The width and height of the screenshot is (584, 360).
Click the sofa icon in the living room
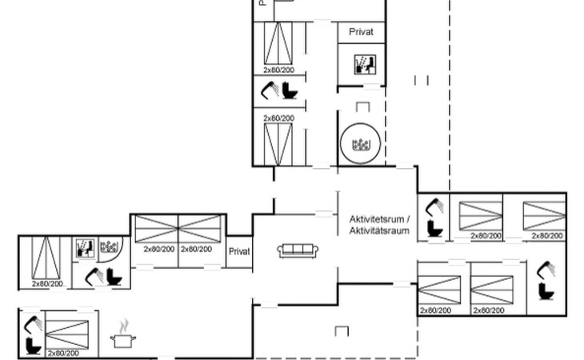coord(298,250)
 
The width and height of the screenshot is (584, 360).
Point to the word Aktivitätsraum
coord(379,230)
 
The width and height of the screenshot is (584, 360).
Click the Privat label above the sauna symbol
coord(362,32)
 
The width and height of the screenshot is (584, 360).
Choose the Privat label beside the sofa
coord(239,251)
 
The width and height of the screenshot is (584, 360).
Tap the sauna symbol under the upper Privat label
coord(362,62)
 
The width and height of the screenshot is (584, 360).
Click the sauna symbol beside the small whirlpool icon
coord(85,248)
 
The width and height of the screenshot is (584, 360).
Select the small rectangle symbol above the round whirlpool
coord(363,106)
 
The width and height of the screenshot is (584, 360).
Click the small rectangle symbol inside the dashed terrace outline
coord(342,330)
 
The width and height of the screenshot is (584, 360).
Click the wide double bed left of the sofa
coord(178,230)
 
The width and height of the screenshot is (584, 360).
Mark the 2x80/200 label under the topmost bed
coord(278,70)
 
